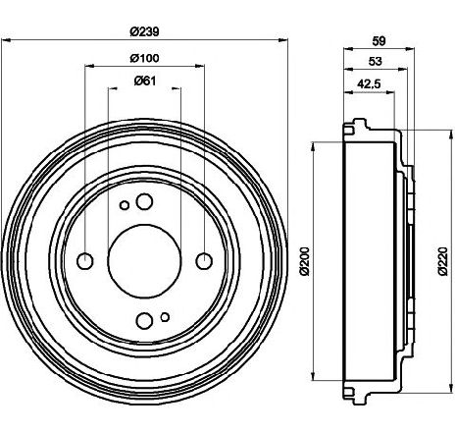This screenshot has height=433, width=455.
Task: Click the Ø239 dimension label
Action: (x=144, y=31)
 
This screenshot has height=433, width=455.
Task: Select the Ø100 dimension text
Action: (x=144, y=58)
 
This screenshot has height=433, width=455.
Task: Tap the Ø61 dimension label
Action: (x=145, y=81)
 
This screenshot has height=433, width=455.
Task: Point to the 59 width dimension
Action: (x=379, y=41)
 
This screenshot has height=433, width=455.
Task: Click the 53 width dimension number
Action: (x=376, y=61)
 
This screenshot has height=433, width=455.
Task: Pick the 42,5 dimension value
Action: (x=369, y=84)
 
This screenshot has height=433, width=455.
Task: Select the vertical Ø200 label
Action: (x=304, y=261)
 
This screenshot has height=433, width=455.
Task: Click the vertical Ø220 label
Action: (x=443, y=261)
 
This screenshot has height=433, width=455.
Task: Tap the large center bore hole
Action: (x=144, y=261)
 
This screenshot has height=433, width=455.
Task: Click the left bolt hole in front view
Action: (x=85, y=261)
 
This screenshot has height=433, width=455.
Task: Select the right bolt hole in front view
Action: (x=204, y=261)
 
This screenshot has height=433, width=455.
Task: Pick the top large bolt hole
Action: (x=144, y=201)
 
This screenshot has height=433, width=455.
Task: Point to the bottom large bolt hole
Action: (x=144, y=321)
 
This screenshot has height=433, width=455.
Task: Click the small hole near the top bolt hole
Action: (x=125, y=205)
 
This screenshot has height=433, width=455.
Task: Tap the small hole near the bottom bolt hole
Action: (x=165, y=317)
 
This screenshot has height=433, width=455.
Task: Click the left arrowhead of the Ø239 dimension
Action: (x=6, y=40)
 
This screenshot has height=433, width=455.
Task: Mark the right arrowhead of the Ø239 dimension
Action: (x=282, y=40)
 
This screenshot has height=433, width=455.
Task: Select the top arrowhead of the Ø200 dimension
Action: (x=314, y=146)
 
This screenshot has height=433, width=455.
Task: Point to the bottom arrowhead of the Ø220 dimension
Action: (x=452, y=387)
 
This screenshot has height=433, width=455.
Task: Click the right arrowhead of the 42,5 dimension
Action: (x=390, y=92)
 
